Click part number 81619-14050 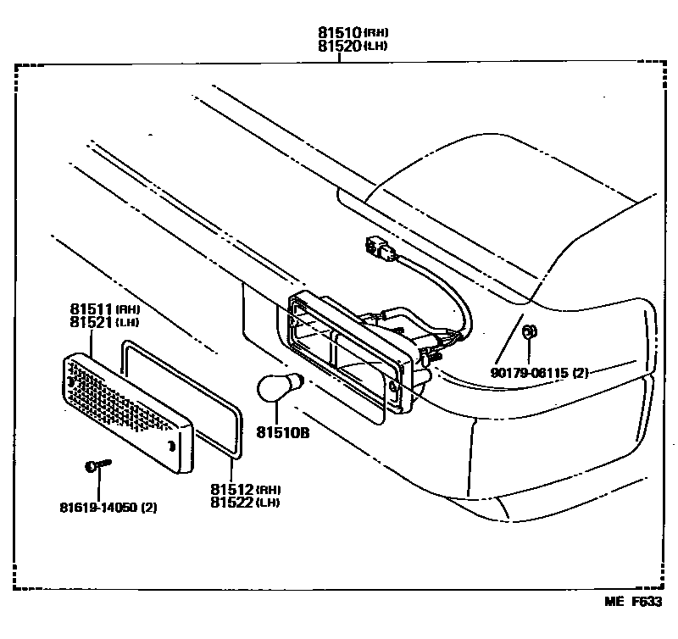(98, 508)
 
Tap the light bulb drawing (275, 391)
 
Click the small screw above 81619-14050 (97, 466)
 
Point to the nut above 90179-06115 (531, 332)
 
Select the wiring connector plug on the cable (378, 247)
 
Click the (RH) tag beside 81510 (376, 33)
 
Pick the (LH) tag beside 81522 (270, 504)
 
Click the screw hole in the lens (172, 447)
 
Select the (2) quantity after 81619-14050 (148, 508)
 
